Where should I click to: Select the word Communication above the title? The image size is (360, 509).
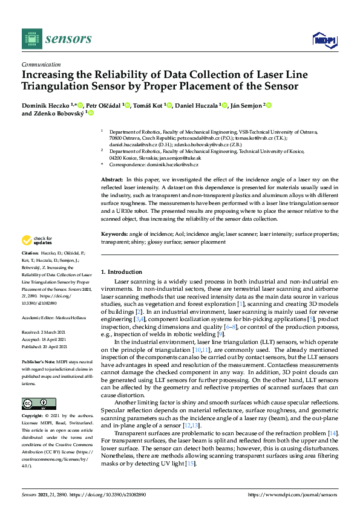point(41,65)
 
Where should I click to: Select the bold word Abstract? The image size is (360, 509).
point(112,180)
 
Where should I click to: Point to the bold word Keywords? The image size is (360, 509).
point(114,233)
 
